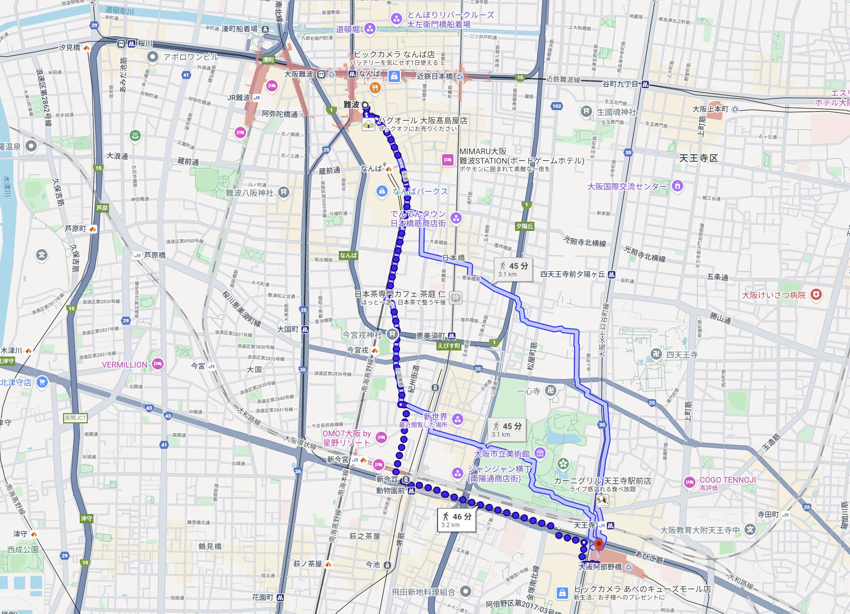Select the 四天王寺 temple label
click(682, 355)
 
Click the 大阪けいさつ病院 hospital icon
click(816, 294)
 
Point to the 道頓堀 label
click(348, 29)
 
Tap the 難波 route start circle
click(365, 105)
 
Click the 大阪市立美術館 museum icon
click(540, 453)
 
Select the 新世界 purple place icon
click(458, 420)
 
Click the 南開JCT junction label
click(75, 418)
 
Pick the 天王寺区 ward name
click(698, 158)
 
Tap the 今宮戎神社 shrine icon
click(392, 335)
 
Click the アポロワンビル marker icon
click(152, 57)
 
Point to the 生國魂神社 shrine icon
click(586, 111)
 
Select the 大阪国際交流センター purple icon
click(677, 186)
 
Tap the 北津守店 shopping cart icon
click(42, 382)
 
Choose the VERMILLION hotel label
click(125, 365)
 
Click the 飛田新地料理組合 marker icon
click(466, 591)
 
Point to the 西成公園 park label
click(23, 549)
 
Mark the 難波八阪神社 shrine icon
click(283, 193)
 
